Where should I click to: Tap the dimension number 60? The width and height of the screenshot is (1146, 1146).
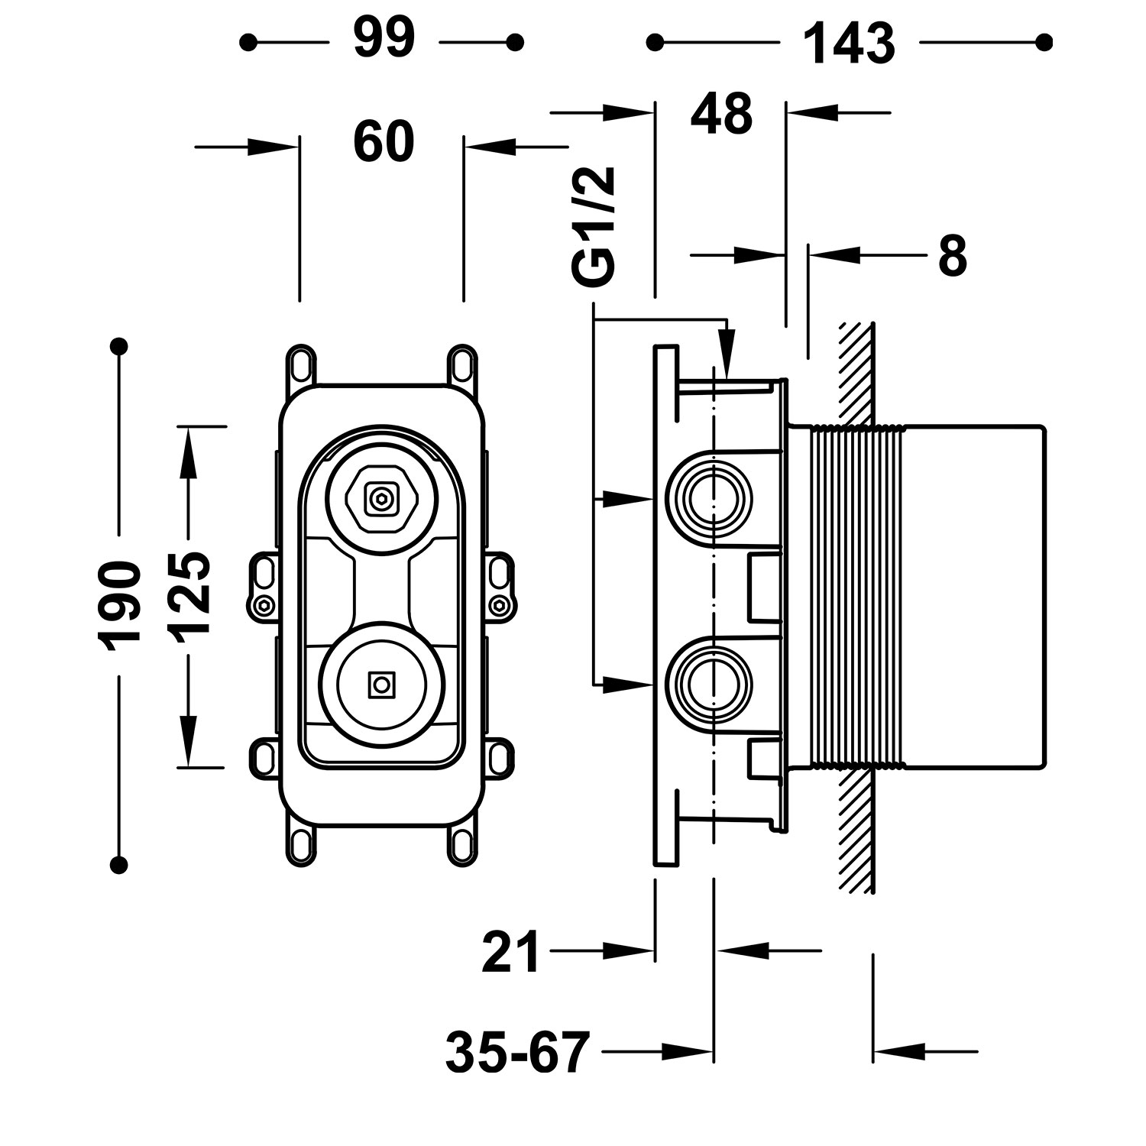[x=384, y=143]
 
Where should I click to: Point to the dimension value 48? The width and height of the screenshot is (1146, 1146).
[x=721, y=115]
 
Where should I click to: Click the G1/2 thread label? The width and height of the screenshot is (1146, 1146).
[x=594, y=227]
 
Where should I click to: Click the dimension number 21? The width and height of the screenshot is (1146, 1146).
[x=510, y=951]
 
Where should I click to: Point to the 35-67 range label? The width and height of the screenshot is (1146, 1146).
[x=518, y=1053]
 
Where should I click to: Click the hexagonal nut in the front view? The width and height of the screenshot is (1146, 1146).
[x=380, y=500]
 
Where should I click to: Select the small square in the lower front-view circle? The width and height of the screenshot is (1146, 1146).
[x=380, y=685]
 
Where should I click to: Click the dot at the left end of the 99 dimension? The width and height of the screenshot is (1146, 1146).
[x=248, y=42]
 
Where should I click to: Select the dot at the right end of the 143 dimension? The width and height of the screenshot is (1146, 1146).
[x=1044, y=42]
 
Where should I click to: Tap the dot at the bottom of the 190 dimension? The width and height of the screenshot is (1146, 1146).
[x=118, y=864]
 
